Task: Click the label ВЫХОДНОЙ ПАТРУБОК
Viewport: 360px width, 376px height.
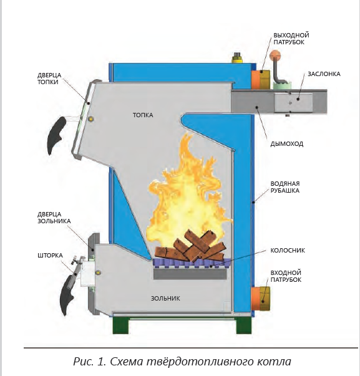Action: [x=291, y=39]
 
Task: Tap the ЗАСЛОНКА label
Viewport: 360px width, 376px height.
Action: [x=324, y=74]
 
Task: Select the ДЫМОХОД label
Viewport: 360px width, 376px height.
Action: [x=287, y=144]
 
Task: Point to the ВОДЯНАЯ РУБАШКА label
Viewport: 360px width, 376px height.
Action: [x=285, y=187]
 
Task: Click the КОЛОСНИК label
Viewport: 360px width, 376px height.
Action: [x=288, y=250]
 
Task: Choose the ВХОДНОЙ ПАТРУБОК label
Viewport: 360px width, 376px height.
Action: [x=286, y=276]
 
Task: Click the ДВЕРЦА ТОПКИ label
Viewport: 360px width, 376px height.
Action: [x=49, y=79]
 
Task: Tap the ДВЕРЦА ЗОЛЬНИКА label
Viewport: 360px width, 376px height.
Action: [x=54, y=218]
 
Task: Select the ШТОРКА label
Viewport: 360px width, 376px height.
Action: [x=50, y=256]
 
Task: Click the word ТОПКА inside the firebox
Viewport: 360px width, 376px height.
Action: [x=143, y=115]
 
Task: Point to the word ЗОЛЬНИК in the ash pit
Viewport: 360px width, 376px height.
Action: [x=165, y=298]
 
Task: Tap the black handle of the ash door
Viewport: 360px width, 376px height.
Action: [x=68, y=295]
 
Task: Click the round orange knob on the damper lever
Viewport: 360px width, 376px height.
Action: [x=275, y=55]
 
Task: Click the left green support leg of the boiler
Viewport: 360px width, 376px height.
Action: [x=120, y=325]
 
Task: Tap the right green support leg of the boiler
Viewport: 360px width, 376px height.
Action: [x=244, y=325]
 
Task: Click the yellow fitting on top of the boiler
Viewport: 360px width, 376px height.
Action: [x=237, y=58]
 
